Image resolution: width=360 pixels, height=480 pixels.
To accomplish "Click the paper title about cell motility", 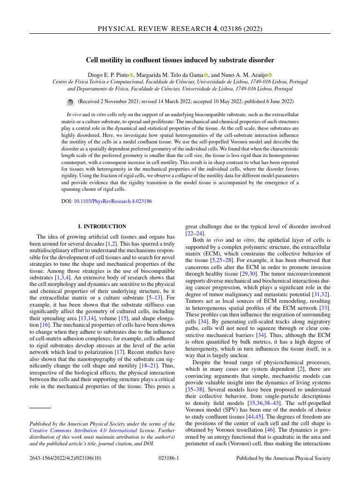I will (180, 60).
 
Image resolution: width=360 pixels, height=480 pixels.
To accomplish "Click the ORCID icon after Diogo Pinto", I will (132, 75).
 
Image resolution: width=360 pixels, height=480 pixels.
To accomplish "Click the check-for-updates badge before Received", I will (70, 101).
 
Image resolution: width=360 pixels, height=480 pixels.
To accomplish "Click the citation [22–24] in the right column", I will (195, 233).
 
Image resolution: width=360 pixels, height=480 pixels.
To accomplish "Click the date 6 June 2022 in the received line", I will (277, 101).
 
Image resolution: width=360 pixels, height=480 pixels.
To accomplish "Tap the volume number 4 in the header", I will (215, 29).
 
